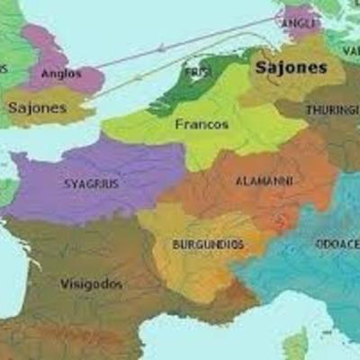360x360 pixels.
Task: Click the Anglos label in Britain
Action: point(61,74)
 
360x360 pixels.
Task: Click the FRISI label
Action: point(195,71)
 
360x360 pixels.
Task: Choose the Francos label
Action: point(202,124)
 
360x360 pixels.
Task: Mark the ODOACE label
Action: point(337,243)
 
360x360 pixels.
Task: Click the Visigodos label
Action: point(91,283)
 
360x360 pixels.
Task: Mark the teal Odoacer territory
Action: point(306,270)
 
